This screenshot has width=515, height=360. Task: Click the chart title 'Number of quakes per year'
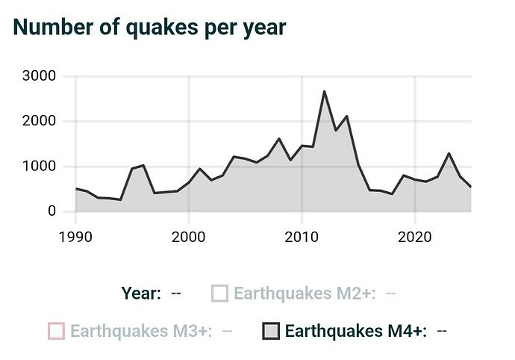click(x=150, y=26)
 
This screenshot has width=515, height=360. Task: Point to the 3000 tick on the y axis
click(x=38, y=76)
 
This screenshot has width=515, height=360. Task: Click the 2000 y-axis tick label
click(x=38, y=121)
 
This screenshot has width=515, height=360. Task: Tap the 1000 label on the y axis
click(x=38, y=167)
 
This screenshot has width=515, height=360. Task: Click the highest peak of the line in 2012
click(x=324, y=91)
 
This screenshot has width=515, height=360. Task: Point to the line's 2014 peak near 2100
click(x=347, y=117)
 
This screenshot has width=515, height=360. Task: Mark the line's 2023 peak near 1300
click(x=449, y=154)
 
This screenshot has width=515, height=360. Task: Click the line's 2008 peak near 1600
click(x=279, y=139)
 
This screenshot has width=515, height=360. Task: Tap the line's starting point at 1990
click(x=76, y=188)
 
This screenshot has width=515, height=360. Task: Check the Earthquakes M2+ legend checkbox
click(x=219, y=293)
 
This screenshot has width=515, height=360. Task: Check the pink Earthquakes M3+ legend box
click(x=55, y=330)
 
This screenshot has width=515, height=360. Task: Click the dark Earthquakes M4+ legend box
click(x=271, y=330)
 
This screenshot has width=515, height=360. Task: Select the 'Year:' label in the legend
click(x=140, y=293)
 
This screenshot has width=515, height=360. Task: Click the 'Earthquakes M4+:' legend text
click(x=356, y=330)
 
